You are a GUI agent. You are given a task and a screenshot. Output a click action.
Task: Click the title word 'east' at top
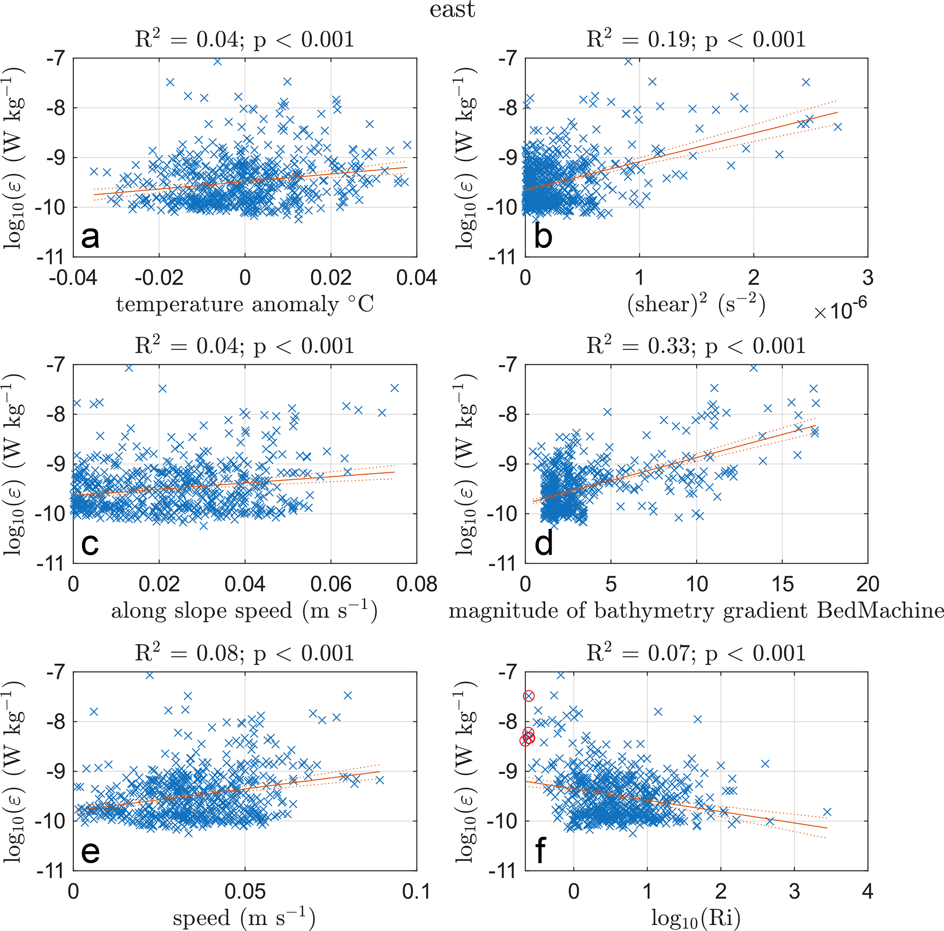tap(452, 10)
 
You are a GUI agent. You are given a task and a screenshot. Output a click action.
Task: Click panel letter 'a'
tap(90, 237)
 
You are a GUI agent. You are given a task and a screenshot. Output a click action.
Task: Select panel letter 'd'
tap(543, 543)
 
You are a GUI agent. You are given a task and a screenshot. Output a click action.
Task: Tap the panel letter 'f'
tap(540, 850)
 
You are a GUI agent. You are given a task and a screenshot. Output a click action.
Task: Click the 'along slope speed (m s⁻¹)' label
tap(244, 611)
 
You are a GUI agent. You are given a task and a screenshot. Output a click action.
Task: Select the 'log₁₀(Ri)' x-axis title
tap(696, 919)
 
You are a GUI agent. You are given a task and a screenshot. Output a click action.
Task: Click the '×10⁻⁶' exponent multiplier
tap(840, 310)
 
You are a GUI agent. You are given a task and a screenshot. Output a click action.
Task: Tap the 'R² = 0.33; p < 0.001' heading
tap(696, 346)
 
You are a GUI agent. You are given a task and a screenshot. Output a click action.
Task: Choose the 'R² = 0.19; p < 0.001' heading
tap(696, 39)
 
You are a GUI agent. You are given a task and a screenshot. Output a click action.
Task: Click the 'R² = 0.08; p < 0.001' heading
tap(244, 653)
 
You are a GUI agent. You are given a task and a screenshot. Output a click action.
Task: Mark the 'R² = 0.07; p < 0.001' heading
tap(696, 653)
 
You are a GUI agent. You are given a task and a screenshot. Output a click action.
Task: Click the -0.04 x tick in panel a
tap(73, 278)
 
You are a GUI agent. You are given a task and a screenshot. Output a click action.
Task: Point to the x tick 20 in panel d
tap(868, 584)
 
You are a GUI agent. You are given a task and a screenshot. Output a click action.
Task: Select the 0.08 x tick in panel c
tap(417, 584)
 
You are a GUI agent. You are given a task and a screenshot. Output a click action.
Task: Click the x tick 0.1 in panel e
tap(417, 891)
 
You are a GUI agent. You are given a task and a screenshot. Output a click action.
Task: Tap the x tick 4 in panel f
tap(868, 891)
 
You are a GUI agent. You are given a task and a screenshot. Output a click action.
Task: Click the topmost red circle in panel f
tap(529, 696)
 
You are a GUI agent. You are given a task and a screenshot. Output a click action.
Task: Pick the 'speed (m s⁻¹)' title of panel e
tap(244, 919)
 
